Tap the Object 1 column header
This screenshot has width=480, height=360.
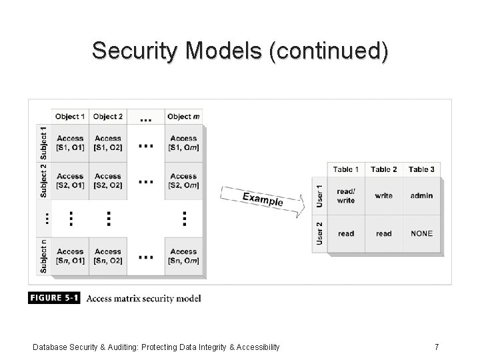(70, 117)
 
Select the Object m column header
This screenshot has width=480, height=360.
(183, 117)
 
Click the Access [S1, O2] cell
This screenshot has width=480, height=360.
(108, 143)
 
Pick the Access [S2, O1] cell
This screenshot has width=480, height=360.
(70, 181)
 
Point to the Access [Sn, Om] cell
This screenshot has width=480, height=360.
(183, 256)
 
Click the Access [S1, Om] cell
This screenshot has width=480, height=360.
(183, 143)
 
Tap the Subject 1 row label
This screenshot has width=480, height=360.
(44, 142)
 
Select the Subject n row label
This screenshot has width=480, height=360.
(44, 256)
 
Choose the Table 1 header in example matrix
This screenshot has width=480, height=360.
(346, 169)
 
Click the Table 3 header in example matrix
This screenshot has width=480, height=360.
(421, 169)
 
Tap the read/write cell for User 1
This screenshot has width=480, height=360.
(346, 196)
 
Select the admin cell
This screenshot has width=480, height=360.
(421, 196)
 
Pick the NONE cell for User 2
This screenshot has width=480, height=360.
(421, 233)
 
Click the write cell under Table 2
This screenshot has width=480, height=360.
(384, 196)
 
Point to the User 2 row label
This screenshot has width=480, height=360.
(319, 233)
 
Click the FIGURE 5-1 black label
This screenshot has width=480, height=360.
(54, 298)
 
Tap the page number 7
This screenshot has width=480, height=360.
(436, 347)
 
